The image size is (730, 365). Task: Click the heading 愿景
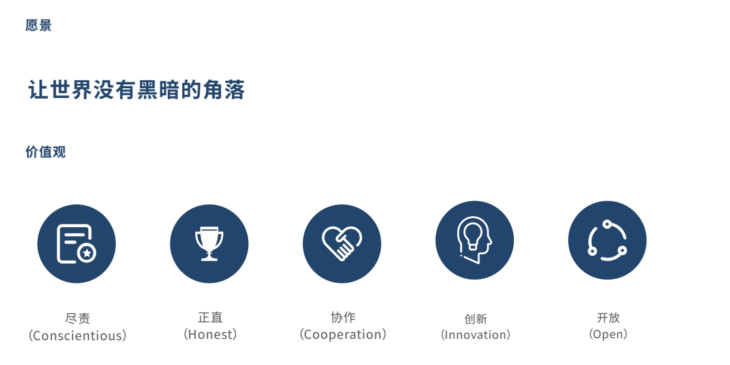pyautogui.click(x=39, y=25)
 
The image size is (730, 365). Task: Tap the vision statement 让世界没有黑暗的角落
pyautogui.click(x=136, y=90)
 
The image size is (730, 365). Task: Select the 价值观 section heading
pyautogui.click(x=46, y=151)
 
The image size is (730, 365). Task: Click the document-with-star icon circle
pyautogui.click(x=76, y=244)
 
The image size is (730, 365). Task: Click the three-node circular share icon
pyautogui.click(x=607, y=240)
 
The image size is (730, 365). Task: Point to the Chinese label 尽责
pyautogui.click(x=77, y=319)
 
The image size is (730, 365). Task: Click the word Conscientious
pyautogui.click(x=77, y=336)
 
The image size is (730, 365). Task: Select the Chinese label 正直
pyautogui.click(x=210, y=317)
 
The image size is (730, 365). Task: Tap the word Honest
pyautogui.click(x=210, y=334)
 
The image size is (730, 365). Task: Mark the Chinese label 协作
pyautogui.click(x=343, y=317)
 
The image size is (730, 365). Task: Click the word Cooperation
pyautogui.click(x=343, y=334)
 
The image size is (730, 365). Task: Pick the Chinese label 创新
pyautogui.click(x=475, y=319)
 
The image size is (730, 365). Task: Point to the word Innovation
pyautogui.click(x=475, y=335)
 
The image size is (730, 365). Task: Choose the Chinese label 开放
pyautogui.click(x=608, y=317)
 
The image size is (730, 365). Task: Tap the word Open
pyautogui.click(x=608, y=334)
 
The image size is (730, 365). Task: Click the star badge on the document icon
pyautogui.click(x=87, y=253)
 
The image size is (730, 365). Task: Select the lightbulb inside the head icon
pyautogui.click(x=473, y=234)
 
